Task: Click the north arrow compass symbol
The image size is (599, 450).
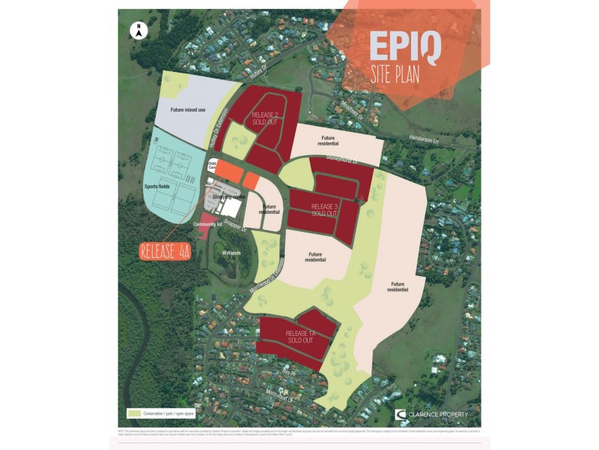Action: tap(138, 31)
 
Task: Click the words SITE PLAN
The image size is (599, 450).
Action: tap(395, 74)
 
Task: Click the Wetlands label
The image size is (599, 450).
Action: tap(231, 253)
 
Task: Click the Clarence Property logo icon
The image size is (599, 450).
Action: tap(401, 414)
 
